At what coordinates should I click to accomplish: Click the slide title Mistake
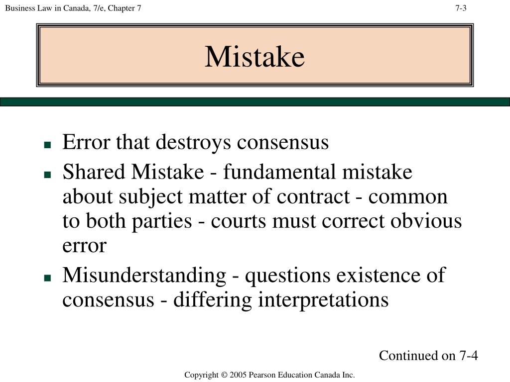255,57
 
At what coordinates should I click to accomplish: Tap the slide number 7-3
461,8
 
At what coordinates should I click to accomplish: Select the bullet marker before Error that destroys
48,145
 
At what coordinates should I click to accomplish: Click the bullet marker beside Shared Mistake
48,175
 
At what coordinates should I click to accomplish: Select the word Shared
94,173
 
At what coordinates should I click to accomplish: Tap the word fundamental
279,173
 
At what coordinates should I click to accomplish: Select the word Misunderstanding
144,276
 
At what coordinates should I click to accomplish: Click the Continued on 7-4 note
428,356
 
